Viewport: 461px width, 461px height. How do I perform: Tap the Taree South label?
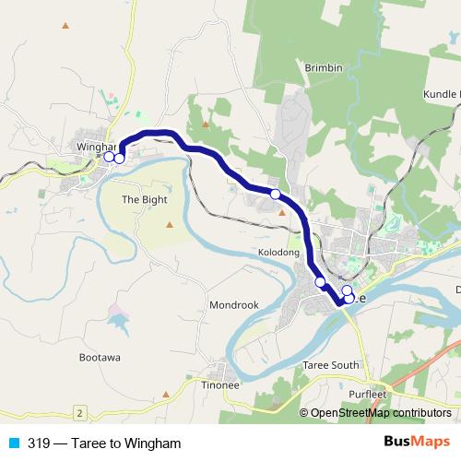pyautogui.click(x=331, y=365)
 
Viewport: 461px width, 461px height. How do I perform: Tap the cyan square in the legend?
pyautogui.click(x=14, y=443)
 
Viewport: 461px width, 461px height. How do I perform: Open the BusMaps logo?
pyautogui.click(x=417, y=443)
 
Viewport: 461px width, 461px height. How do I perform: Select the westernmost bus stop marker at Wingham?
pyautogui.click(x=108, y=157)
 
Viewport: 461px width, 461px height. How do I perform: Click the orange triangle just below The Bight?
pyautogui.click(x=169, y=223)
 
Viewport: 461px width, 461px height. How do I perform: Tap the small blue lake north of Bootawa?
pyautogui.click(x=120, y=322)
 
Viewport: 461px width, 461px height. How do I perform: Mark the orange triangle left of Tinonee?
pyautogui.click(x=166, y=393)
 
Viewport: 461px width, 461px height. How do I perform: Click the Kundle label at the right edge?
pyautogui.click(x=442, y=95)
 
